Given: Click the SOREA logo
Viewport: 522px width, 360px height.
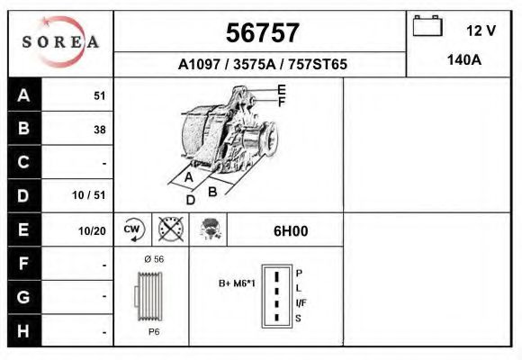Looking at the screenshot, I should (60, 42).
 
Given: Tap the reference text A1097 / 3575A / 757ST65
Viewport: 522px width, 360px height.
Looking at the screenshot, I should (262, 65).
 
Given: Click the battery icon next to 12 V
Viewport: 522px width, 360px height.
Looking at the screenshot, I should (426, 27).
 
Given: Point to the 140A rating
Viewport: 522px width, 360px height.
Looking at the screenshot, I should (464, 60).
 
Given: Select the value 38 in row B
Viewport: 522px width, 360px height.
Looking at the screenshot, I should (99, 130).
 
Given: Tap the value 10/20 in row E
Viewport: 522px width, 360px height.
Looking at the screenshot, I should (92, 230).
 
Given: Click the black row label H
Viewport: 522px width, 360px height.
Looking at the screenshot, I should (24, 330).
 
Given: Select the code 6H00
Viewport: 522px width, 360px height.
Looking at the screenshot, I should (291, 230).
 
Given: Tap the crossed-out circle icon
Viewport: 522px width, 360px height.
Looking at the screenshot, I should (170, 229).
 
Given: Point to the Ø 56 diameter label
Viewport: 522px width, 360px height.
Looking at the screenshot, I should (153, 258).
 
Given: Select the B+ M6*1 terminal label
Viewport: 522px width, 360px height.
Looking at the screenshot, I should (238, 284).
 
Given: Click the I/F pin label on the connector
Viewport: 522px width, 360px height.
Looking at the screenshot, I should (301, 302).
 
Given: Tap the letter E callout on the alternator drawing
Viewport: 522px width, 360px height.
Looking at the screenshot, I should (282, 89).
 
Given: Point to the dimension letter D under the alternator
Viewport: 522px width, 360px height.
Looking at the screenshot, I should (190, 200).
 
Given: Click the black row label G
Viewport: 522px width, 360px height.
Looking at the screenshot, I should (24, 297).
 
